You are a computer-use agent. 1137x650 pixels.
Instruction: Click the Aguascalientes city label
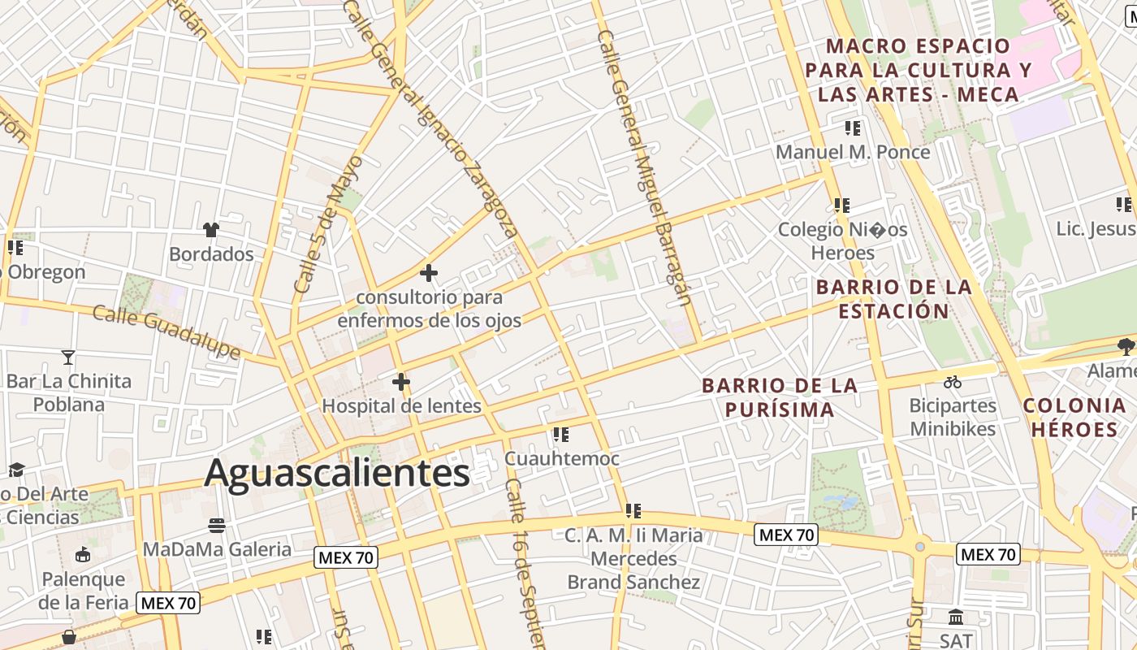(337, 473)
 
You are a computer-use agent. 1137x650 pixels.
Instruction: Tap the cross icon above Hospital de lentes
(400, 381)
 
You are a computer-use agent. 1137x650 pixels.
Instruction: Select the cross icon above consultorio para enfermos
(429, 273)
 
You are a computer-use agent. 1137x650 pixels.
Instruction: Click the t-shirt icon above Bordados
(212, 230)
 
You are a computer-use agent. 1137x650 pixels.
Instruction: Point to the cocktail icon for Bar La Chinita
(68, 357)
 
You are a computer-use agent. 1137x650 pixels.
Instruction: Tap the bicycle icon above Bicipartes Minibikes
(953, 381)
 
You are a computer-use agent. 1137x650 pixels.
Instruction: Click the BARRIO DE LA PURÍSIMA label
(780, 397)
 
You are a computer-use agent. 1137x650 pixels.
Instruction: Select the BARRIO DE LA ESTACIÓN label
(893, 298)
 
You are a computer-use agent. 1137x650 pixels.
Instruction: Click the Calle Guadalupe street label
(166, 331)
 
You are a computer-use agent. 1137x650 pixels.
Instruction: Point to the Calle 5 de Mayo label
(328, 225)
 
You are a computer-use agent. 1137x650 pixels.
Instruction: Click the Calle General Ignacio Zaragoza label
(434, 122)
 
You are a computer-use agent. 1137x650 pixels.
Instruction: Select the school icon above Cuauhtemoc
(560, 435)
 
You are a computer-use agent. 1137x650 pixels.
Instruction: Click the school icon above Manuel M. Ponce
(852, 128)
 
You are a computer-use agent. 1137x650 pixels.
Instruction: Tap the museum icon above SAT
(956, 617)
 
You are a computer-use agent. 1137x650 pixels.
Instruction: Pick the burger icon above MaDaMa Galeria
(216, 525)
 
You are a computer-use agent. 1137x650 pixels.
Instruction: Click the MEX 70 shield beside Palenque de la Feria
(168, 603)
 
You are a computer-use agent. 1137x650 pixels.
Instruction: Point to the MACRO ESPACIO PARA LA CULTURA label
(918, 70)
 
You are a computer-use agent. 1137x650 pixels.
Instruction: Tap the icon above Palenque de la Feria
(82, 555)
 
